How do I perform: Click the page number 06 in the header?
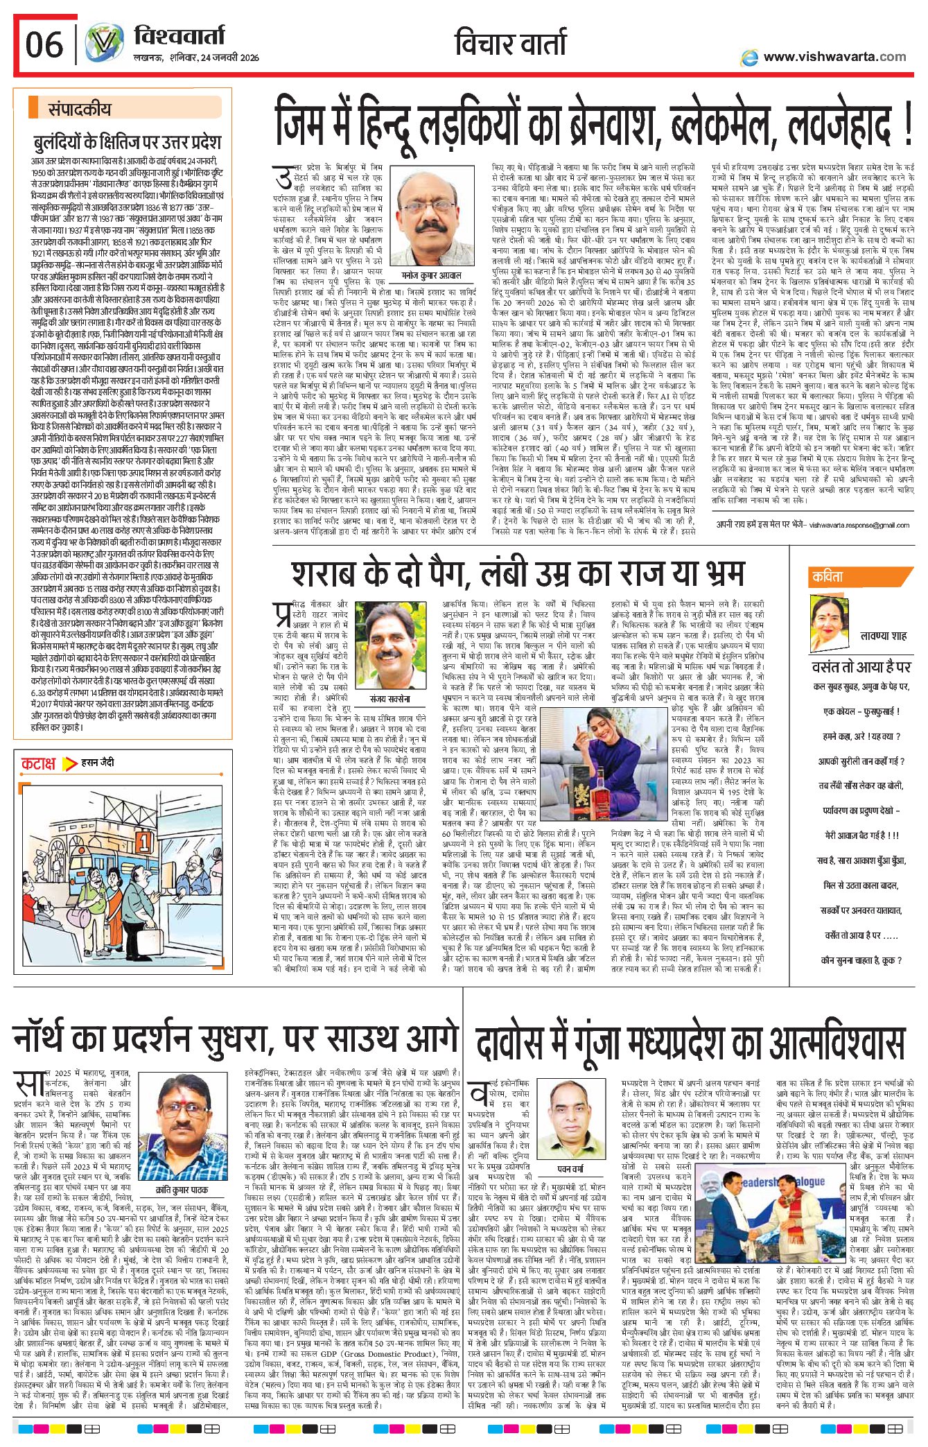point(44,45)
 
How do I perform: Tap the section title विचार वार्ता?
point(510,43)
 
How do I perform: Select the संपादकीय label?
point(79,109)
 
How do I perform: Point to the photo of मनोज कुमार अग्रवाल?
point(429,218)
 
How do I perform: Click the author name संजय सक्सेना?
point(389,699)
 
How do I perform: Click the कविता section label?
point(828,577)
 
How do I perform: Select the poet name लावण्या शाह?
point(883,635)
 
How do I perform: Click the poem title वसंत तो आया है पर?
point(861,667)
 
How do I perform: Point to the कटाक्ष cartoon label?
point(38,764)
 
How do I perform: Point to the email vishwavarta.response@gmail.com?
point(859,525)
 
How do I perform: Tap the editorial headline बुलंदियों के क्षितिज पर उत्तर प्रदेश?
point(127,143)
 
